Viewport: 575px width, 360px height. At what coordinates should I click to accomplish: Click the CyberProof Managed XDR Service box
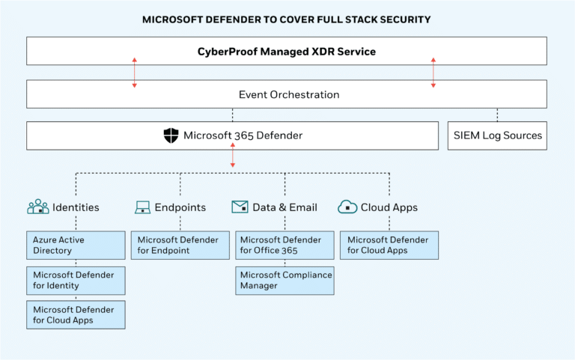[287, 52]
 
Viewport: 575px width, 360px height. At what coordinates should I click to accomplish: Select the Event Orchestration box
[287, 94]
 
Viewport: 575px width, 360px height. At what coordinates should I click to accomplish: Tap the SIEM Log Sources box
[497, 136]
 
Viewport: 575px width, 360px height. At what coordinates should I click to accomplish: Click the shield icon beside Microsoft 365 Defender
[171, 135]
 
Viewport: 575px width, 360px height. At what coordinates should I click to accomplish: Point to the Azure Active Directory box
[75, 245]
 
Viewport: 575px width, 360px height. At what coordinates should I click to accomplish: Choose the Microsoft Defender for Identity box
[75, 280]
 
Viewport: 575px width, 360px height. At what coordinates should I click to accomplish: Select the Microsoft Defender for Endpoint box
[180, 245]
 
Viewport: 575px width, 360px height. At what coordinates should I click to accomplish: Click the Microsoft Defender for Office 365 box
[285, 245]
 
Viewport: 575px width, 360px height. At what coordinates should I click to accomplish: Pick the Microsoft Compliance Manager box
[285, 280]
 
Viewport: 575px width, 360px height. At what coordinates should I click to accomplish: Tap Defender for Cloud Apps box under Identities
[75, 314]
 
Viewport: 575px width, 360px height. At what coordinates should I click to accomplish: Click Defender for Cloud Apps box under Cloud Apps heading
[389, 245]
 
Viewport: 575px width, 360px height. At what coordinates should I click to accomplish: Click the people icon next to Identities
[37, 207]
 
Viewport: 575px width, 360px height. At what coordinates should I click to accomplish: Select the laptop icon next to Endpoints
[142, 207]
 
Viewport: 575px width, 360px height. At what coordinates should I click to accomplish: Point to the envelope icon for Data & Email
[240, 207]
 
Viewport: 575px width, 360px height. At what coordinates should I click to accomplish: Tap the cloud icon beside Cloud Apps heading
[347, 207]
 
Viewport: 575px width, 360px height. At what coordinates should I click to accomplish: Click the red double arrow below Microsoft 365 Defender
[232, 156]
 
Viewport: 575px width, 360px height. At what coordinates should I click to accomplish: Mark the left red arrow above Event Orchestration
[135, 73]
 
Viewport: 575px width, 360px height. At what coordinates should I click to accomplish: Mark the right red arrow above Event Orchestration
[433, 73]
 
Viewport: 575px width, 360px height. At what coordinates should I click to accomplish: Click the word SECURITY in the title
[404, 19]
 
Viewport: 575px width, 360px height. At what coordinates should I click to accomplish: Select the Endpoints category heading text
[180, 207]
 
